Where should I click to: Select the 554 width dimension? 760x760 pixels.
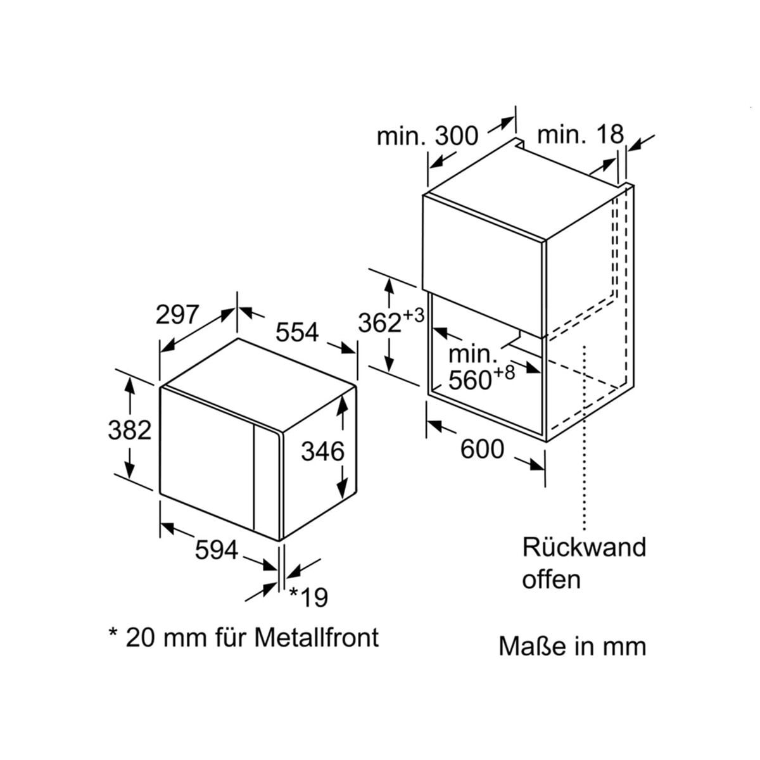(x=296, y=332)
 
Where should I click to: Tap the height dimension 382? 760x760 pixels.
(x=129, y=430)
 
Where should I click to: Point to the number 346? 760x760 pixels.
(x=322, y=451)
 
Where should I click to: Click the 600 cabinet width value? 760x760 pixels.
(x=482, y=449)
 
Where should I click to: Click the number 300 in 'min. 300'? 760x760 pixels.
(x=456, y=136)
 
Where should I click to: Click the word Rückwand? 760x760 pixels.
(x=584, y=547)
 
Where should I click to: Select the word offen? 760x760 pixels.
(x=552, y=579)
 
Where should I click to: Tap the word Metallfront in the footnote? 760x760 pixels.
(x=317, y=637)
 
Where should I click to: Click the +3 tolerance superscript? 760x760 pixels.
(x=413, y=315)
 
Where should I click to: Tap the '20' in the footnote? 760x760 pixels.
(x=139, y=638)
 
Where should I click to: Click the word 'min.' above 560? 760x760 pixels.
(x=473, y=354)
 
